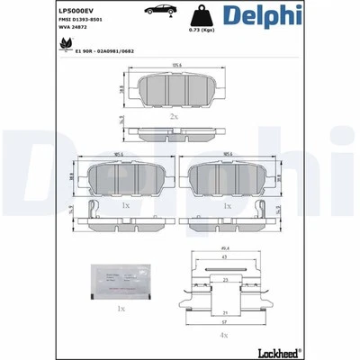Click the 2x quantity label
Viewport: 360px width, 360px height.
point(175,118)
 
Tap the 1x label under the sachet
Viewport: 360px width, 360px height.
point(121,308)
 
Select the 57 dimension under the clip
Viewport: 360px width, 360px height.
point(223,321)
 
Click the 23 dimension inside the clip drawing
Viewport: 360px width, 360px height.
point(224,280)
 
